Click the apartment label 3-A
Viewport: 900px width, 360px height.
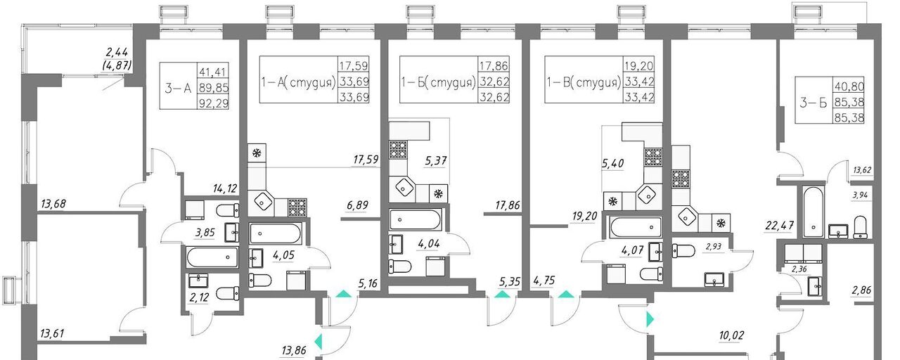click(178, 88)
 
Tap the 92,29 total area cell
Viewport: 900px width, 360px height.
click(214, 104)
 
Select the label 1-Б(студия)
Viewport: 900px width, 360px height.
click(439, 83)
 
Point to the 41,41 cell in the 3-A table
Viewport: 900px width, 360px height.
click(212, 72)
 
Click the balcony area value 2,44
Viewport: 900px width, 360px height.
click(117, 52)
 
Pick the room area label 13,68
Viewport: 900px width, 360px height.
click(53, 204)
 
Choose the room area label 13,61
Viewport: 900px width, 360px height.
click(52, 333)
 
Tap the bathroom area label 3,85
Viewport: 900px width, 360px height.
click(205, 233)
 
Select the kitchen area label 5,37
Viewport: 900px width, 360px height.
click(436, 161)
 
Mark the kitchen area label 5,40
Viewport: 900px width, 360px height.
click(612, 164)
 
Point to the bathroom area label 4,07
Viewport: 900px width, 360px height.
click(632, 250)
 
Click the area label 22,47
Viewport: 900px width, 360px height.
click(780, 225)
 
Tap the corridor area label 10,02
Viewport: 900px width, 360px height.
click(731, 335)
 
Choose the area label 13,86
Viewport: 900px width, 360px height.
click(294, 350)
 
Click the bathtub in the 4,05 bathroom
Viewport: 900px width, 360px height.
click(275, 233)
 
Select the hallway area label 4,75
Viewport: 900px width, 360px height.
click(544, 280)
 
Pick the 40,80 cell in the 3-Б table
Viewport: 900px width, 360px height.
click(849, 86)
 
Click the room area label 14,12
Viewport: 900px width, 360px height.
click(226, 188)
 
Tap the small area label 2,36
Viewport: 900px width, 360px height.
click(799, 269)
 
